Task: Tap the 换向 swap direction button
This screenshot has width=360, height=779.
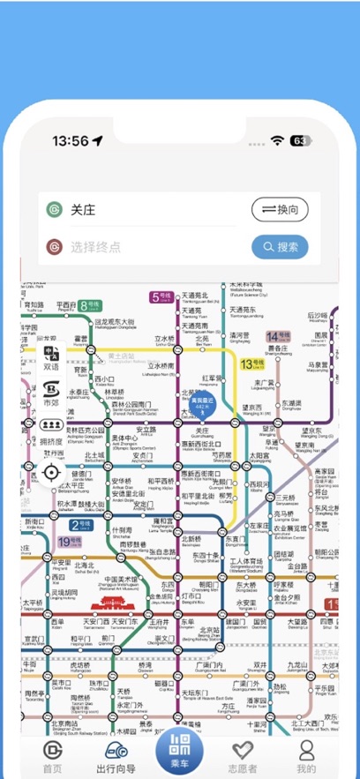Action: tap(280, 210)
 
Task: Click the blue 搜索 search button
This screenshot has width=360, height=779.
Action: tap(280, 247)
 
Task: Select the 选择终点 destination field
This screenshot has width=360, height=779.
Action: tap(150, 247)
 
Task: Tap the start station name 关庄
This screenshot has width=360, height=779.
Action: tap(83, 210)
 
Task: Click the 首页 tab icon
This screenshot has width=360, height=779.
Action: tap(52, 751)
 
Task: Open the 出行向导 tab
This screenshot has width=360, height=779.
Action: tap(116, 751)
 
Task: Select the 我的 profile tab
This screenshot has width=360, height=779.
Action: tap(306, 751)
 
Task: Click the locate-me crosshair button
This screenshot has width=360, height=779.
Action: tap(51, 472)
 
